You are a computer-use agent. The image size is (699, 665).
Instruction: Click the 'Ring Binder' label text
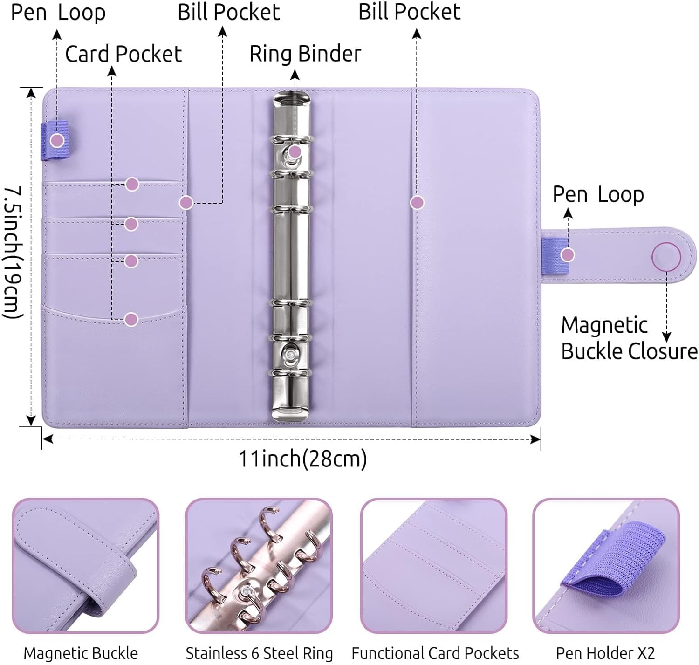305,54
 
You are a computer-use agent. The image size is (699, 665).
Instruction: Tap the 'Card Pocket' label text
123,54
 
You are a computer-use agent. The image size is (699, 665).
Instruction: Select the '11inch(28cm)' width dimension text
302,459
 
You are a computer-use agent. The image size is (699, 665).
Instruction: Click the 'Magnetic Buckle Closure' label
629,338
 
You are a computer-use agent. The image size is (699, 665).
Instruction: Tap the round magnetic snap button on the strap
666,256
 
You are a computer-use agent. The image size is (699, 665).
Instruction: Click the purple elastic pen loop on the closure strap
555,256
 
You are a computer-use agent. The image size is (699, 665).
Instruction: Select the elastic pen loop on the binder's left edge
55,140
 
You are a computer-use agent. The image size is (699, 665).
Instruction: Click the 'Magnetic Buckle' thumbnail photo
86,565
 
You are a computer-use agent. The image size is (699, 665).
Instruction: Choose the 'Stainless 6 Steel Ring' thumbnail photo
259,565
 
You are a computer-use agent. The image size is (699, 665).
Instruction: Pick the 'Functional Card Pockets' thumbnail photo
434,565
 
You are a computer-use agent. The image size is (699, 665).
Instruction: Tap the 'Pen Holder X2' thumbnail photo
606,565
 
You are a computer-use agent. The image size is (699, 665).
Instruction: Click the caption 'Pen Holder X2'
605,653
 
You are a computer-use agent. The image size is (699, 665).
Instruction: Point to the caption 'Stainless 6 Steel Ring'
259,653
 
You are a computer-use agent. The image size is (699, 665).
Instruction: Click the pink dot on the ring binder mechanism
295,152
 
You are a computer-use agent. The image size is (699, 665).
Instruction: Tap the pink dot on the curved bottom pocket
131,319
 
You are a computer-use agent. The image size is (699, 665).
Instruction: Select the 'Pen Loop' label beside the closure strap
598,195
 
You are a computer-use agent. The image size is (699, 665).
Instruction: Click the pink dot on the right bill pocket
417,203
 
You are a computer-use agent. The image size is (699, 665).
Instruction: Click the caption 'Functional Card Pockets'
435,653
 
